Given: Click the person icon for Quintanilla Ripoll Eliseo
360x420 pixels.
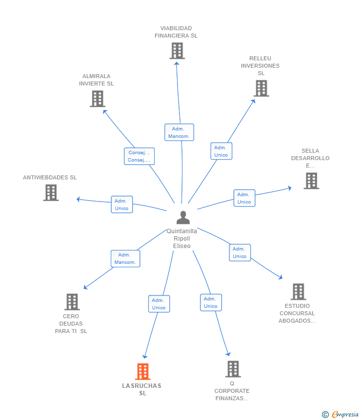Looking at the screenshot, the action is tap(183, 217).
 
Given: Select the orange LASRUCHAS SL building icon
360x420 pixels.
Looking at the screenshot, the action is tap(142, 372).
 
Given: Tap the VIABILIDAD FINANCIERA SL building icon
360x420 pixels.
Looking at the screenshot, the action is tap(177, 51).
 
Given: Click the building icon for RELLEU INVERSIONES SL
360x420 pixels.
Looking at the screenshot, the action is tap(262, 88).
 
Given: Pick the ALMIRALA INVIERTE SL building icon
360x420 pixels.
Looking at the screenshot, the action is tap(97, 99).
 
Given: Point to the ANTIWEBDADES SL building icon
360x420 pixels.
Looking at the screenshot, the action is tap(51, 193).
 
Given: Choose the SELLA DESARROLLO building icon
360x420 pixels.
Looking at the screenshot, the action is tap(311, 181).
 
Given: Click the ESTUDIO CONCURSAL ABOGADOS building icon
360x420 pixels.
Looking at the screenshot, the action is tap(298, 292).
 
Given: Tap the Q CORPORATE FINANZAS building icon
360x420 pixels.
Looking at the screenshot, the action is tap(233, 369).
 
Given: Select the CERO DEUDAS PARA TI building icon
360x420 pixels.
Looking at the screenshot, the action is tap(72, 302).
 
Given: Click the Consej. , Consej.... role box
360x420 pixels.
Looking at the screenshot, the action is tap(139, 156).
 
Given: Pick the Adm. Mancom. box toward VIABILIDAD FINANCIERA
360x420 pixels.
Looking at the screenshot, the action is tap(179, 132).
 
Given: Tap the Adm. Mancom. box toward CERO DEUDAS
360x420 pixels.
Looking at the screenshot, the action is tap(126, 259).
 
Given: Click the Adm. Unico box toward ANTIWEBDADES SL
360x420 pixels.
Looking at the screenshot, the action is tap(122, 205).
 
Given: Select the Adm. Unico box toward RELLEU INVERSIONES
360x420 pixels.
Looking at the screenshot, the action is tap(221, 151).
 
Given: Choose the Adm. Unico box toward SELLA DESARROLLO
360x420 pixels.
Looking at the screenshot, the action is tap(244, 198).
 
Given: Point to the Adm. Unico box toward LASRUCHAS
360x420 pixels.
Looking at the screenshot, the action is tap(159, 304).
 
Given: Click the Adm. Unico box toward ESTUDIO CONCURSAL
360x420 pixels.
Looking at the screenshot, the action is tap(240, 252).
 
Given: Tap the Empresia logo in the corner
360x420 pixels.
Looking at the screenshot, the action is tap(340, 415).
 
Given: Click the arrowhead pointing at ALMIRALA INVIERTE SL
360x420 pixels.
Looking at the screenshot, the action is tap(105, 112).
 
